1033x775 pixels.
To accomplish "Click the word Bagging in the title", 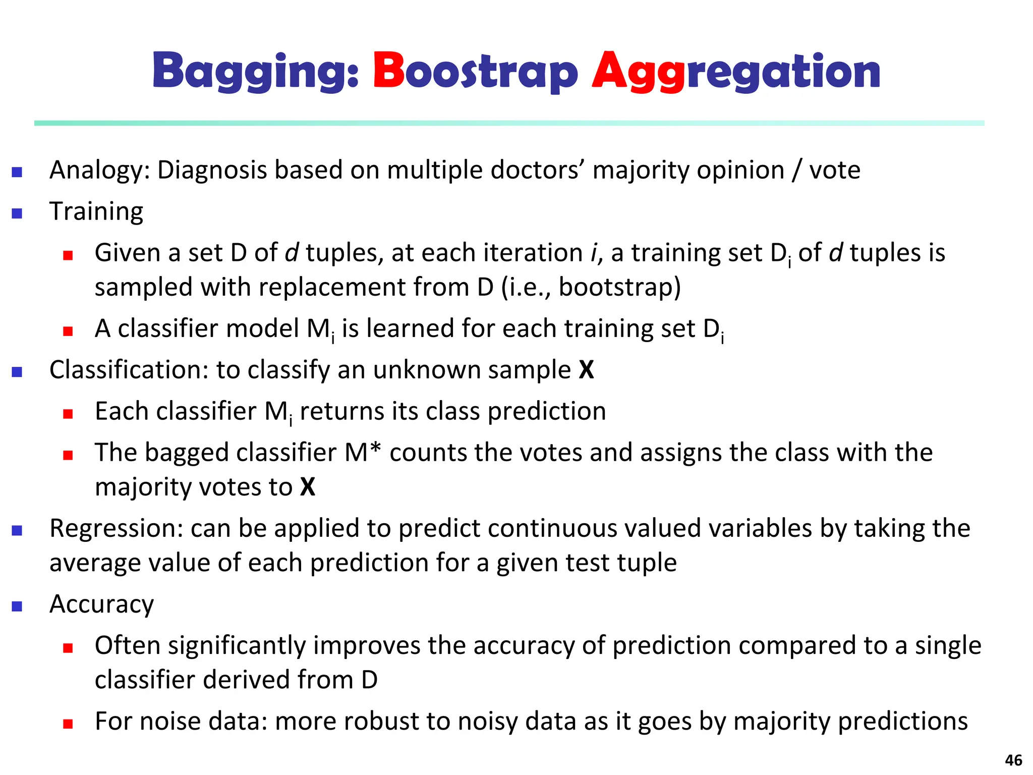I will point(255,72).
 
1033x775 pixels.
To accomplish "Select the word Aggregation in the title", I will point(736,72).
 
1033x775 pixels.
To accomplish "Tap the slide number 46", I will point(1013,760).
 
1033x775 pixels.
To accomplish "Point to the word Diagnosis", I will point(212,170).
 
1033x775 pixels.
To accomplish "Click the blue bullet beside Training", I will point(17,213).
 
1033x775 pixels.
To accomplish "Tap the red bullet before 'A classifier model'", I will point(68,331).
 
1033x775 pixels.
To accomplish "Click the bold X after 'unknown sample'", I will point(586,370).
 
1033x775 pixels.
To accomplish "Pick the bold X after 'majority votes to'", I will point(308,487).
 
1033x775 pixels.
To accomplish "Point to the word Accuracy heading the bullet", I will point(101,604).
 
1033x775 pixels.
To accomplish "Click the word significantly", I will point(237,646).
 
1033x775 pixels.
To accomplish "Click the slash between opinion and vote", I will point(796,171).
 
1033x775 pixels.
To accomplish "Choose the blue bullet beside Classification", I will point(17,372).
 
